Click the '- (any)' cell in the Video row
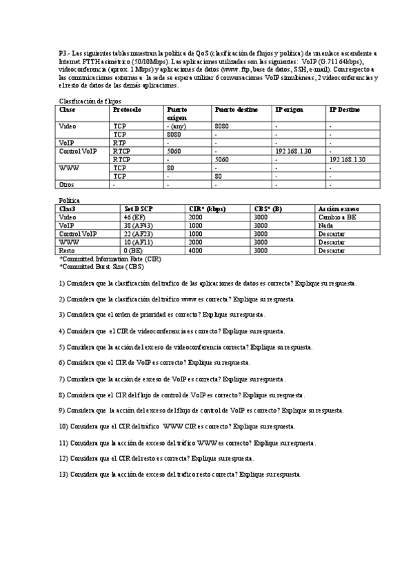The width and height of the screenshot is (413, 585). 177,126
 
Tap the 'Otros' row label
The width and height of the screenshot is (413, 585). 67,184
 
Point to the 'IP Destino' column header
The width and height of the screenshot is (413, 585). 344,110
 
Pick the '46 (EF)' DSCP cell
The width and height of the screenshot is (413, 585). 134,217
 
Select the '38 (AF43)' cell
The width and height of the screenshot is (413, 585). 138,225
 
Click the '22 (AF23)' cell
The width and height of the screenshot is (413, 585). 138,234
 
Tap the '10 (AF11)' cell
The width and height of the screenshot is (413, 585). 138,242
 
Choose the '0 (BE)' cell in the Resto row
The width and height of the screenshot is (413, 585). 133,250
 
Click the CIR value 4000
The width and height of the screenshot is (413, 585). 196,250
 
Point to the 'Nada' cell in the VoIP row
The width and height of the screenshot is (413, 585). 325,225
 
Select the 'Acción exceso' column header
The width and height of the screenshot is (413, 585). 339,208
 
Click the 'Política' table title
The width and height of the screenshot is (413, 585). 70,200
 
